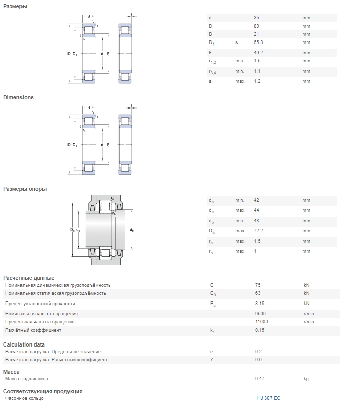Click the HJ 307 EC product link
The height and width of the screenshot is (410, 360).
(268, 398)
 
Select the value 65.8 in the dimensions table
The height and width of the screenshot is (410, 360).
(258, 42)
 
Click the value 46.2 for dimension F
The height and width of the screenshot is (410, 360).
(258, 53)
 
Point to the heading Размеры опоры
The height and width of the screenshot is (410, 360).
(25, 189)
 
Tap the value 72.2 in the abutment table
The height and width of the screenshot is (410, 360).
(258, 231)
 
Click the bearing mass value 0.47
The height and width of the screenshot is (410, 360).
(260, 379)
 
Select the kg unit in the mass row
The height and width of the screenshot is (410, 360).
(306, 379)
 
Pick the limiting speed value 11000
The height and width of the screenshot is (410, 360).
(262, 321)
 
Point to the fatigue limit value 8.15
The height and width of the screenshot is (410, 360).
(260, 304)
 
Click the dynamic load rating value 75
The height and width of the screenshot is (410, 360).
(258, 285)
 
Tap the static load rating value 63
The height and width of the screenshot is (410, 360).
(258, 293)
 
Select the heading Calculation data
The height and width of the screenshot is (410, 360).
(24, 344)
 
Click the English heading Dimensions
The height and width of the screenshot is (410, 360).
(18, 97)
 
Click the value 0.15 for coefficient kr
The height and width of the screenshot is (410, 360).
(260, 330)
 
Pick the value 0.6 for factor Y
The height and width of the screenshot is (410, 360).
(258, 360)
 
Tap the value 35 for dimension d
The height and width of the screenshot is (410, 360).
(257, 18)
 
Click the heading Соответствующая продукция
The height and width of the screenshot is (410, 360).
(43, 391)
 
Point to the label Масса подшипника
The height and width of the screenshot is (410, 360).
(27, 379)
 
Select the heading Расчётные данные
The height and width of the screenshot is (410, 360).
(29, 278)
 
